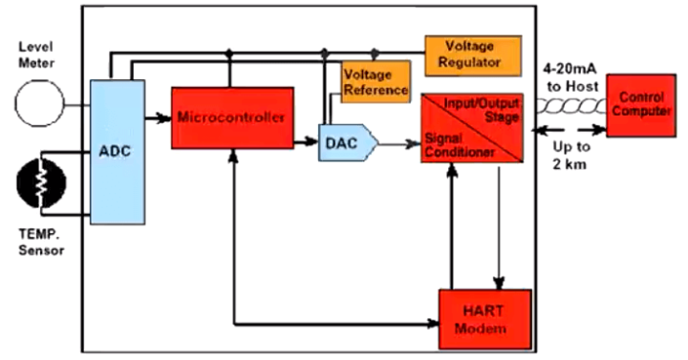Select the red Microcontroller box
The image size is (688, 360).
[231, 117]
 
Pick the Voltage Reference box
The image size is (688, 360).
[375, 82]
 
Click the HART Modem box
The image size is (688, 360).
[484, 319]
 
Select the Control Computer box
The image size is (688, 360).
[641, 104]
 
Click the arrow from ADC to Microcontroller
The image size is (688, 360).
[158, 118]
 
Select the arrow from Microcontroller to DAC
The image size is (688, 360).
[305, 142]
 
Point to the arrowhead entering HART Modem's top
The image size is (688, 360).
[498, 279]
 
